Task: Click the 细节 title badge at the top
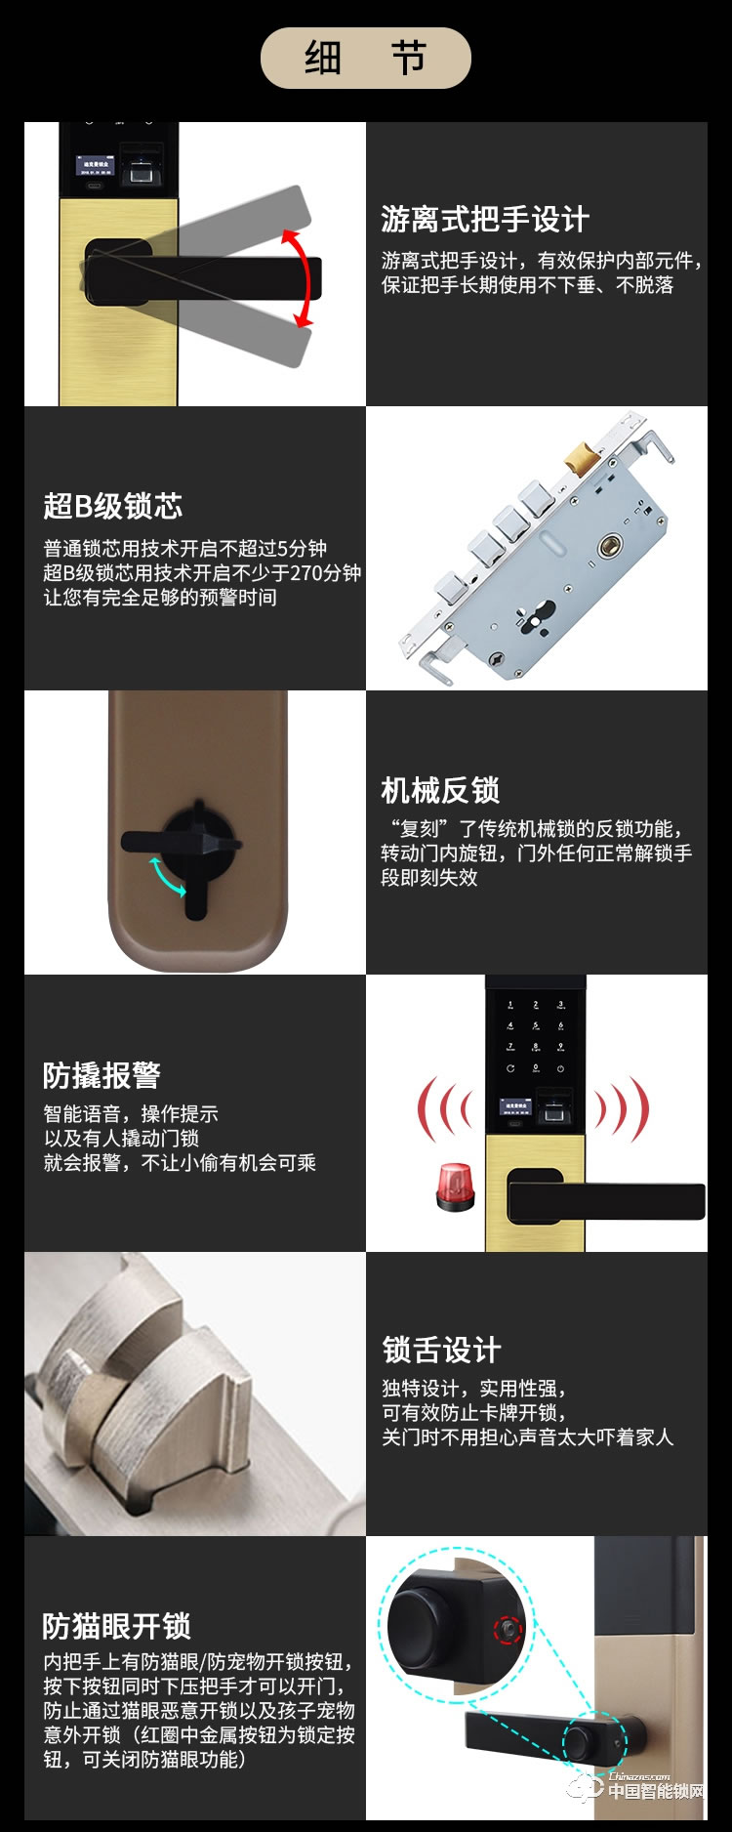coord(365,59)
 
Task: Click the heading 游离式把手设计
coord(484,219)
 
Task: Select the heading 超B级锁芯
coord(113,506)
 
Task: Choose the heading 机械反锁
coord(440,789)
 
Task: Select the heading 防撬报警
coord(102,1075)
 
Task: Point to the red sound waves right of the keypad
coord(622,1109)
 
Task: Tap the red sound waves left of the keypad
coord(444,1109)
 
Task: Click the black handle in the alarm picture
coord(605,1200)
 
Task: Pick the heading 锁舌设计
coord(441,1350)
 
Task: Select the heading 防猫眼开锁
coord(116,1626)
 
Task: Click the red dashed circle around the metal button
coord(507,1629)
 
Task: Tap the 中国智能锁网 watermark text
coord(656,1791)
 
